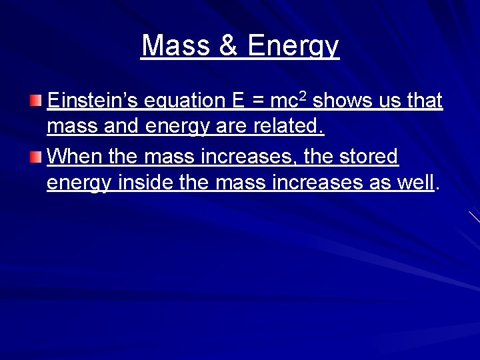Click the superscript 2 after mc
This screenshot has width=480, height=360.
click(x=303, y=96)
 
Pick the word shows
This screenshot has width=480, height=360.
click(x=339, y=101)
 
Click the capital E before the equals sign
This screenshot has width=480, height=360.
click(x=238, y=101)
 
